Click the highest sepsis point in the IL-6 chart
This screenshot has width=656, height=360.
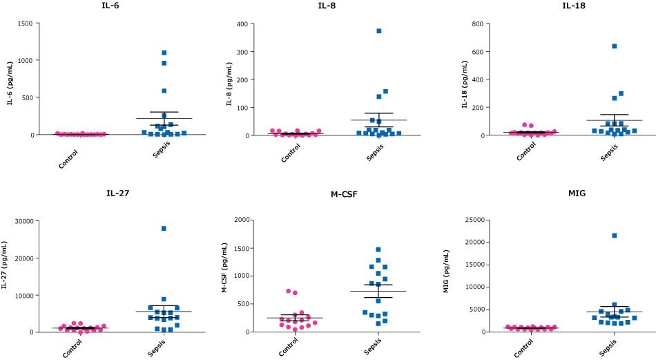pyautogui.click(x=164, y=53)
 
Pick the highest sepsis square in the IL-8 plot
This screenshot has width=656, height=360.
pyautogui.click(x=378, y=31)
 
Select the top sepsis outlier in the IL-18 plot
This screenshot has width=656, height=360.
pyautogui.click(x=614, y=46)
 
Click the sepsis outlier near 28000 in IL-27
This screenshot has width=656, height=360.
pyautogui.click(x=164, y=229)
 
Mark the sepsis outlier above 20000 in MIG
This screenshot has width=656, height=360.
pyautogui.click(x=614, y=236)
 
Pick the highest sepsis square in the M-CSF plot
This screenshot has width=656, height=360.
pyautogui.click(x=378, y=249)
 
